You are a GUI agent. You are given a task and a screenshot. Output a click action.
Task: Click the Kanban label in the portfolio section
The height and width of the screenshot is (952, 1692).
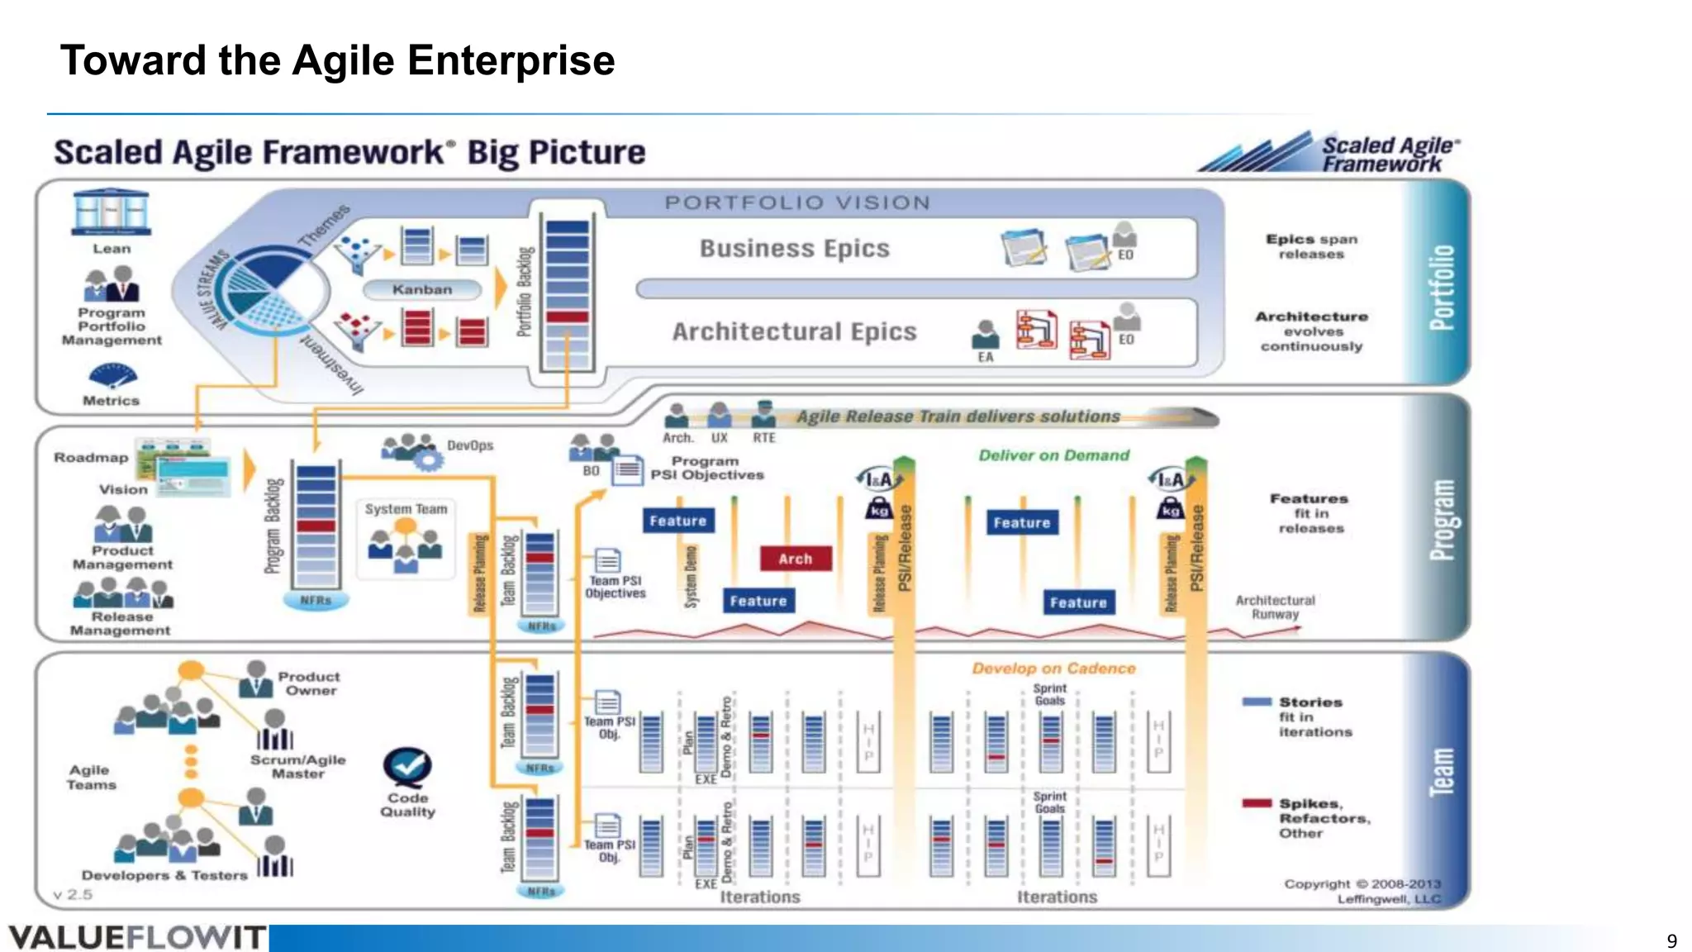[x=422, y=290]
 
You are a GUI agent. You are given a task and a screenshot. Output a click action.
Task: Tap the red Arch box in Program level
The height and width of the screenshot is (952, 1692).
[x=795, y=559]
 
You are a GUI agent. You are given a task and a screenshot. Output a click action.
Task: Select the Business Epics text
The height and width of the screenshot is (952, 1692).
[x=794, y=249]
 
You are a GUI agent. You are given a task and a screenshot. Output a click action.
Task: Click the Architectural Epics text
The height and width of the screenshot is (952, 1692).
[x=794, y=332]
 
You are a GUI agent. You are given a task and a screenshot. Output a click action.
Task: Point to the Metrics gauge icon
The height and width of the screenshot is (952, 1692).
[x=112, y=376]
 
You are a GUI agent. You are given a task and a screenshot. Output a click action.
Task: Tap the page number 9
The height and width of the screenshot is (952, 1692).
[x=1671, y=940]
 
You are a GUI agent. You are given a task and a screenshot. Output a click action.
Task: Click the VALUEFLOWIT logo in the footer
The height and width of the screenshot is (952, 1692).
[x=137, y=938]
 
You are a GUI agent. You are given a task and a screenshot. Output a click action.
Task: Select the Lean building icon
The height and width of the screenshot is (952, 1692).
[x=112, y=213]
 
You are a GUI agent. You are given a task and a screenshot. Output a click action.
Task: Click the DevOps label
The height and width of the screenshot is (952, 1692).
[x=470, y=445]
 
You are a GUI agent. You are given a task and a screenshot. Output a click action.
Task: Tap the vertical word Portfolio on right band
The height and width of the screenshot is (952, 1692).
[x=1442, y=287]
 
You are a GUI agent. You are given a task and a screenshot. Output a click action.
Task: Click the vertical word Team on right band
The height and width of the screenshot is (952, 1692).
[x=1442, y=772]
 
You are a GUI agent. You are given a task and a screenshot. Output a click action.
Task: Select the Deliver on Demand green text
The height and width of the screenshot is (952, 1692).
[x=1053, y=455]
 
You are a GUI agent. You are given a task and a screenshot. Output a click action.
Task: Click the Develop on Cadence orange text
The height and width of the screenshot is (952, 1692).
[x=1053, y=669]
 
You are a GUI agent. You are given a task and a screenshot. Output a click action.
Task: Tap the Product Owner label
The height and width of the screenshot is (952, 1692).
[x=309, y=683]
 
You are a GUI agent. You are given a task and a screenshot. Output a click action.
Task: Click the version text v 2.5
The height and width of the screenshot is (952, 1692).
[x=73, y=895]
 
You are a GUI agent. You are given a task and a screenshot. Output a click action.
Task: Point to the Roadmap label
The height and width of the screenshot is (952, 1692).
[x=91, y=458]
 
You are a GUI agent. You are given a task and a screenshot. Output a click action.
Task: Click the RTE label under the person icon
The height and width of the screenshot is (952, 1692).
[x=763, y=438]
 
